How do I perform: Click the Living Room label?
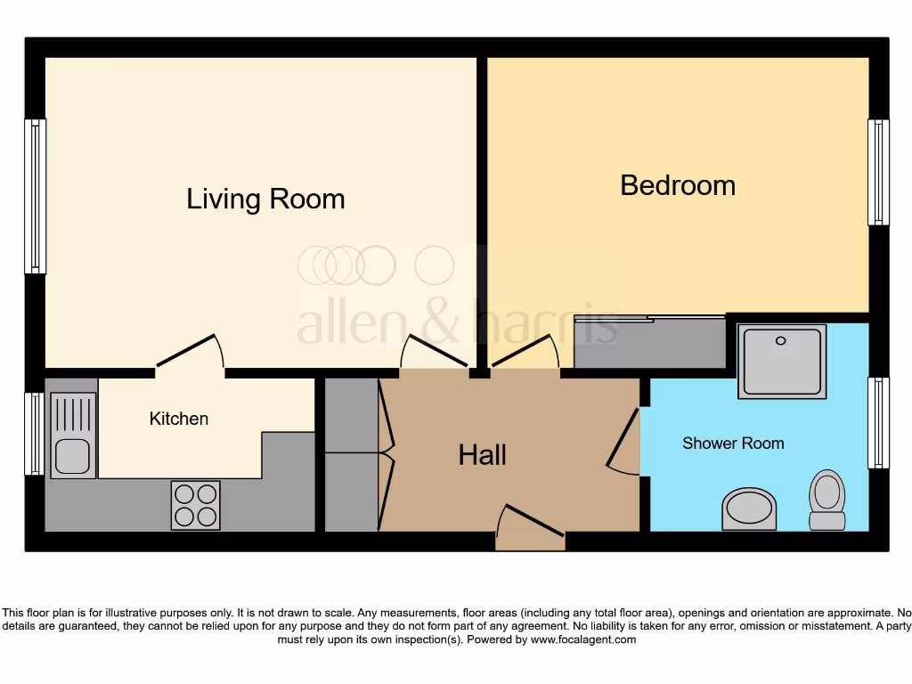pyautogui.click(x=265, y=199)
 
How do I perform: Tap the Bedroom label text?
pyautogui.click(x=678, y=185)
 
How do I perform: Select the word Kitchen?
pyautogui.click(x=179, y=419)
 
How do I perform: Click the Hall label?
pyautogui.click(x=482, y=455)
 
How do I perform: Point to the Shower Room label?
pyautogui.click(x=733, y=443)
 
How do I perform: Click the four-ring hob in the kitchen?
pyautogui.click(x=195, y=505)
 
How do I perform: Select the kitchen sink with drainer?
pyautogui.click(x=73, y=436)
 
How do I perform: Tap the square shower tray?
pyautogui.click(x=781, y=361)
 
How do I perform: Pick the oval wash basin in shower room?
pyautogui.click(x=749, y=509)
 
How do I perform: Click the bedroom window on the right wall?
pyautogui.click(x=878, y=172)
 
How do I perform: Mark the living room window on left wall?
pyautogui.click(x=35, y=196)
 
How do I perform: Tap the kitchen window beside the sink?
pyautogui.click(x=35, y=434)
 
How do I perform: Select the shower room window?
pyautogui.click(x=878, y=423)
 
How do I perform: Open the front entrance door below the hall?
pyautogui.click(x=530, y=529)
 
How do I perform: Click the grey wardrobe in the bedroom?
pyautogui.click(x=650, y=342)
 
